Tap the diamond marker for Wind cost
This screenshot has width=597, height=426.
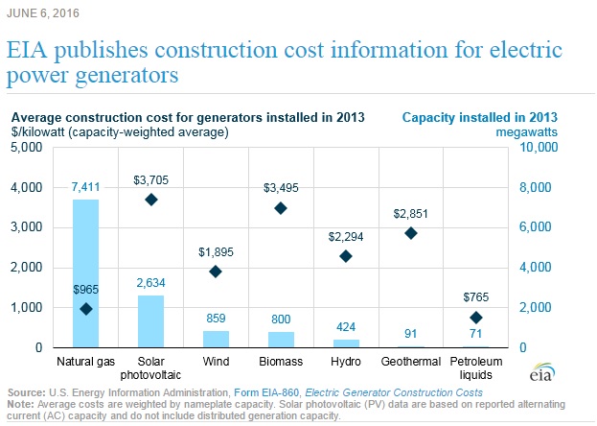[216, 272]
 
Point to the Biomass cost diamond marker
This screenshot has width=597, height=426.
[281, 208]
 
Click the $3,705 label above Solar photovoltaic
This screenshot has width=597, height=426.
[150, 178]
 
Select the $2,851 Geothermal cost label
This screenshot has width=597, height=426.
[411, 212]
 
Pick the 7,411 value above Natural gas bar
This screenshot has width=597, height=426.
[86, 187]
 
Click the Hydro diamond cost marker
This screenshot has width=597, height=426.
[346, 256]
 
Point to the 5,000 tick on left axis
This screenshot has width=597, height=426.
[26, 148]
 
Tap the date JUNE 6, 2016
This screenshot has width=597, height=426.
[44, 14]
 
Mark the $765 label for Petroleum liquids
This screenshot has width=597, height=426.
[476, 296]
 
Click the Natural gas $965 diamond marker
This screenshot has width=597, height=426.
[86, 309]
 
